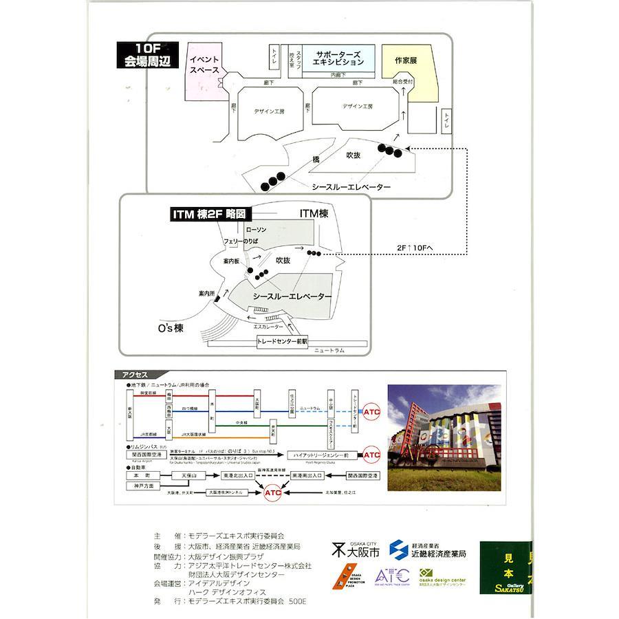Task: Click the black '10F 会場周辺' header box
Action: (147, 55)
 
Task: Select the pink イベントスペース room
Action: (205, 66)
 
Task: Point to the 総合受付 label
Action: (403, 82)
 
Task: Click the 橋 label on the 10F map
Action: (316, 160)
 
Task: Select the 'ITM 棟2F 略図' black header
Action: (208, 215)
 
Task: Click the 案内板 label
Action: (232, 262)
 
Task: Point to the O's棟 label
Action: (169, 329)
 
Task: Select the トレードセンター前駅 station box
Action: (283, 341)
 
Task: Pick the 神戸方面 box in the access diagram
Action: (144, 486)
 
